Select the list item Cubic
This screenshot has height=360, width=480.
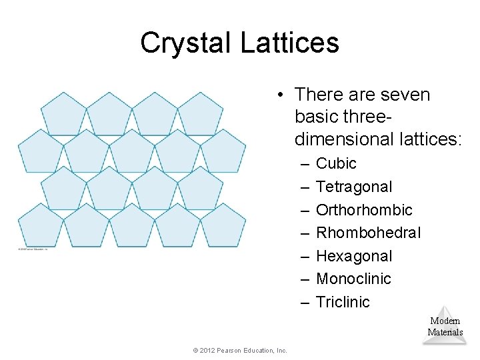click(x=336, y=163)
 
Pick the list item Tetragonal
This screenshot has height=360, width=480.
click(x=354, y=187)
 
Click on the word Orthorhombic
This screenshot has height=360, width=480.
click(x=364, y=210)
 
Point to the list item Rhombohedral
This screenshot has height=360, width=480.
click(x=368, y=233)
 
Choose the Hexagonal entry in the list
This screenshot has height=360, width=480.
click(x=354, y=256)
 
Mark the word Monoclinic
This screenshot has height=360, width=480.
click(x=353, y=279)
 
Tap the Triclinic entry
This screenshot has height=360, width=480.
click(x=343, y=302)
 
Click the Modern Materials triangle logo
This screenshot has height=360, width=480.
click(x=445, y=325)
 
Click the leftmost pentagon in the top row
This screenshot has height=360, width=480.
click(x=63, y=113)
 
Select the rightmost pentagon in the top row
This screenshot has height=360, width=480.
click(x=201, y=113)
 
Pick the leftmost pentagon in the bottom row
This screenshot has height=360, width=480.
click(x=40, y=225)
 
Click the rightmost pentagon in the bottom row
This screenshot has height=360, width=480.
click(x=223, y=225)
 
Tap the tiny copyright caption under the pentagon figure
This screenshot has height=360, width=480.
click(x=33, y=249)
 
